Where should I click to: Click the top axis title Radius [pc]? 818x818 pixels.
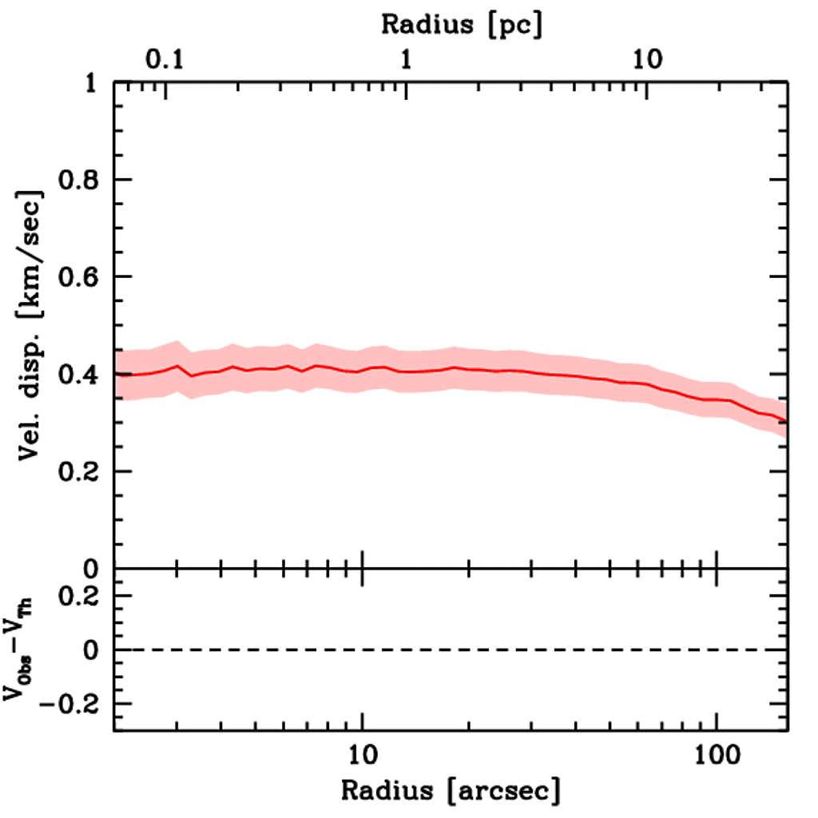[x=462, y=24]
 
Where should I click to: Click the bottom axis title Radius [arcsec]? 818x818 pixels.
[x=451, y=791]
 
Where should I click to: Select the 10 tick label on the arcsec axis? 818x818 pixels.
[x=363, y=755]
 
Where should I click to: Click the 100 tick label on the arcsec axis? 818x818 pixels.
[x=716, y=755]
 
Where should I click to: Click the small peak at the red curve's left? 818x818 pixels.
[x=177, y=366]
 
